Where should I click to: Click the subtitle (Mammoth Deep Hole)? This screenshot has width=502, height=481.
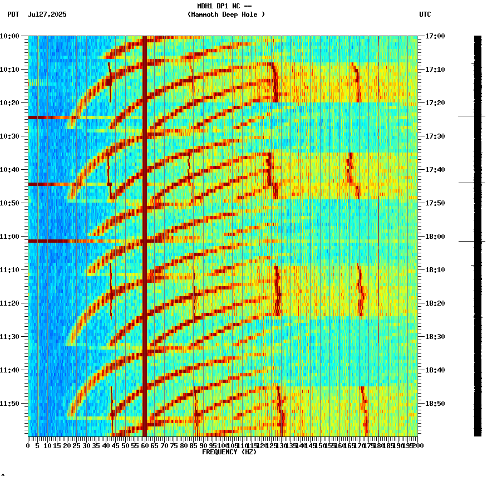[x=226, y=14]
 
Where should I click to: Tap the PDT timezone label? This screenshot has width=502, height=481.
[x=13, y=14]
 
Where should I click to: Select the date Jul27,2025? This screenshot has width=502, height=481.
[x=47, y=14]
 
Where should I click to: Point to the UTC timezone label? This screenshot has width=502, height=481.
[x=425, y=14]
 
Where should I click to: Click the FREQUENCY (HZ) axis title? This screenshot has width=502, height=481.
[x=229, y=452]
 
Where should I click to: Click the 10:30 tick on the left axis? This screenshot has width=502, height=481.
[x=9, y=136]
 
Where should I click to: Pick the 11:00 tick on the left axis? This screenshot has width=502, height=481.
[x=9, y=237]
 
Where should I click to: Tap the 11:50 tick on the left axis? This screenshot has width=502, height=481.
[x=9, y=404]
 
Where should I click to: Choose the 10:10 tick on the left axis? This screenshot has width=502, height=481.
[x=9, y=70]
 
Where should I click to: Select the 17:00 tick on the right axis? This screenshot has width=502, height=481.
[x=435, y=36]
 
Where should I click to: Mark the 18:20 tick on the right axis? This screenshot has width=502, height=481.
[x=435, y=303]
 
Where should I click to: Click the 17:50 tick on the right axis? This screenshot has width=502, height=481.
[x=435, y=203]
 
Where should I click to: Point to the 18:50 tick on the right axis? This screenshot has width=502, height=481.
[x=435, y=404]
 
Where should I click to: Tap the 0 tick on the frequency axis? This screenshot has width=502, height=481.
[x=28, y=445]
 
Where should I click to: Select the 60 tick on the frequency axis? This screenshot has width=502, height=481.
[x=145, y=445]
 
